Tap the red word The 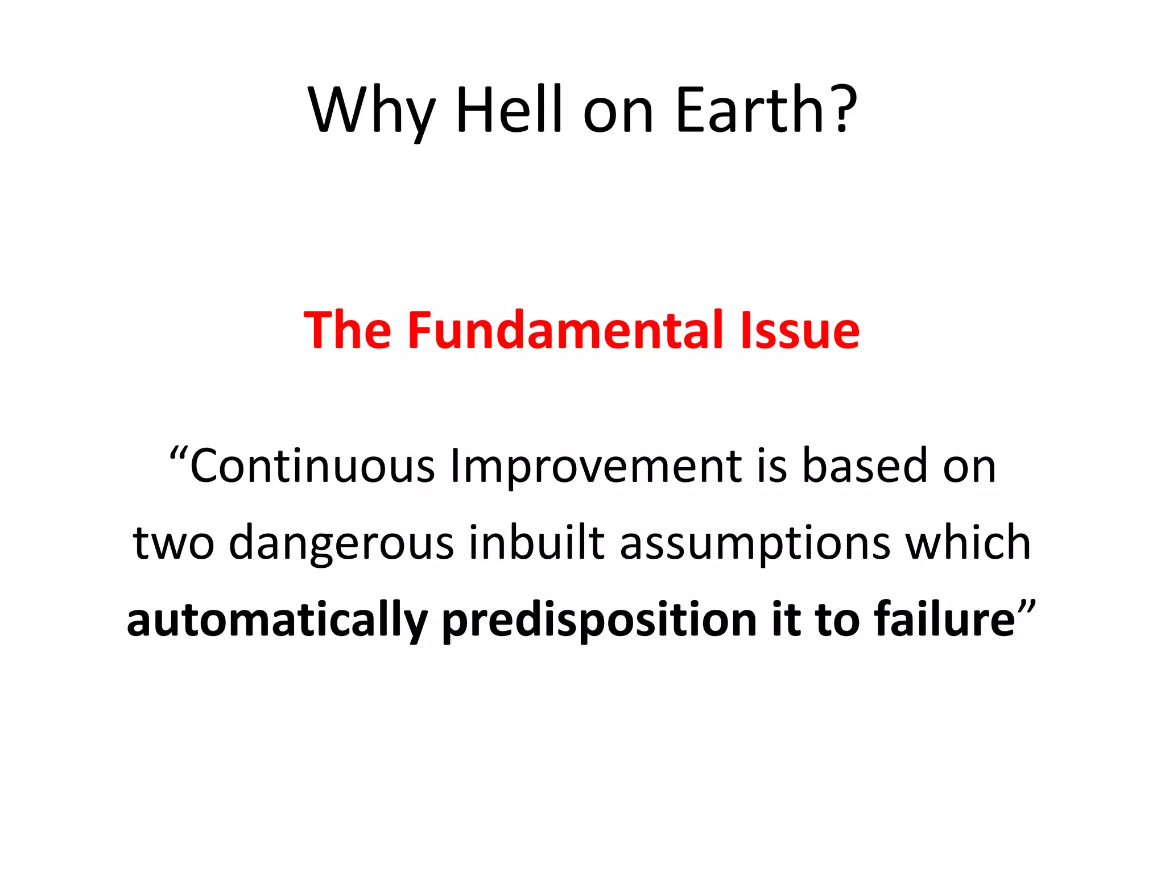point(348,330)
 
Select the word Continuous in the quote point(312,466)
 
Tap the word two point(173,543)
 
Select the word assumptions point(755,543)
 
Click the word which point(968,543)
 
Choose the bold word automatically point(277,620)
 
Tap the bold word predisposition point(599,620)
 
